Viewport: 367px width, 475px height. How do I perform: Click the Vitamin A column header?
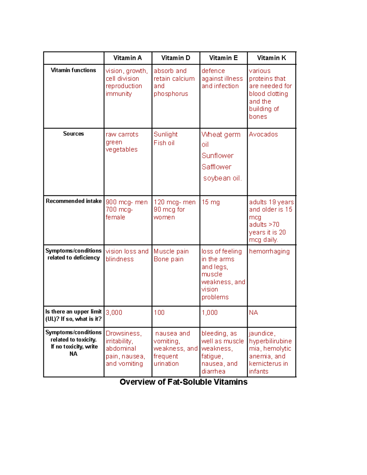[x=128, y=58]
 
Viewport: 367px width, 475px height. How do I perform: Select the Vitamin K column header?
[x=271, y=58]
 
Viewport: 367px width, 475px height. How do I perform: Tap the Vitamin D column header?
[x=176, y=58]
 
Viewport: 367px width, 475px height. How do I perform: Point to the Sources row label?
[x=73, y=134]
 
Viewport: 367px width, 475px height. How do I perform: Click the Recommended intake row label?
[x=73, y=201]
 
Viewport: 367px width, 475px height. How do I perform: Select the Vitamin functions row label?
[x=73, y=70]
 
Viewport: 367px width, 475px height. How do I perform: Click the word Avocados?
[x=263, y=134]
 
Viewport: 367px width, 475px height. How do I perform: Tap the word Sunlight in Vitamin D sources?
[x=165, y=134]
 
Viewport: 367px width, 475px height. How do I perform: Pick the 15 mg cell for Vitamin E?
[x=210, y=202]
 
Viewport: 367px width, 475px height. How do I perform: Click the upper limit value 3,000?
[x=114, y=313]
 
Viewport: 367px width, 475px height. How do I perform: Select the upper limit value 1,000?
[x=209, y=313]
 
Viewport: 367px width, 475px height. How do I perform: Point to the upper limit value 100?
[x=159, y=313]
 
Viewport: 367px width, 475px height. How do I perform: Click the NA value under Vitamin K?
[x=253, y=313]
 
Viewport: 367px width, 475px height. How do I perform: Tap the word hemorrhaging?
[x=269, y=251]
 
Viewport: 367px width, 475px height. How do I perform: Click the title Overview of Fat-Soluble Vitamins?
[x=183, y=382]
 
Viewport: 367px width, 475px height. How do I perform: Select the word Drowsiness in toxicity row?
[x=123, y=333]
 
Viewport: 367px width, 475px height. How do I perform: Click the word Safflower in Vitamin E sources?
[x=216, y=167]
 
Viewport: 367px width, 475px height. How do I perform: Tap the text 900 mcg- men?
[x=126, y=202]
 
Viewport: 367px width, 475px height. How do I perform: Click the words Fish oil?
[x=164, y=143]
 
